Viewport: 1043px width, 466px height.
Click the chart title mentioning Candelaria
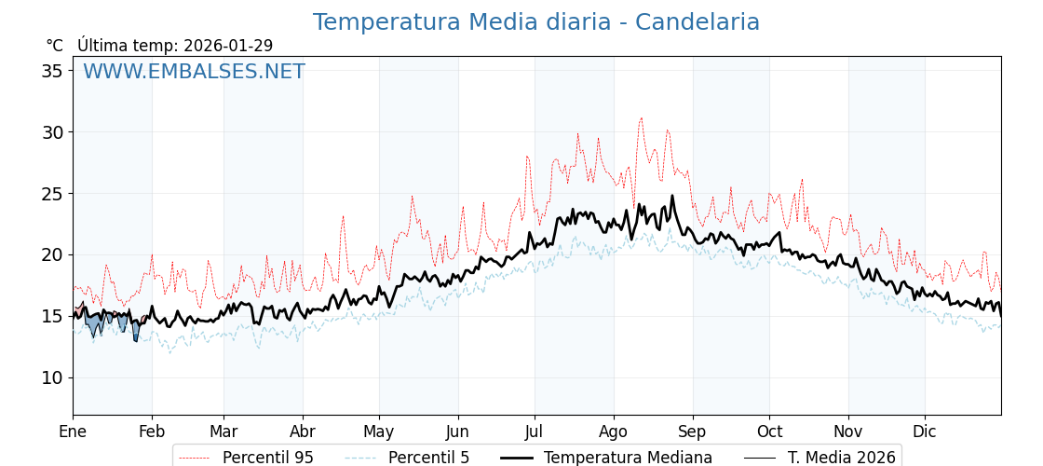click(535, 22)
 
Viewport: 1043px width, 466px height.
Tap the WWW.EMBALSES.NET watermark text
click(194, 72)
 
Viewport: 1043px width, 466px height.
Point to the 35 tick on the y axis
click(54, 71)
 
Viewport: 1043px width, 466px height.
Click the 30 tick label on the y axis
click(54, 132)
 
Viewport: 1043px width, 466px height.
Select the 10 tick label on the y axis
click(54, 377)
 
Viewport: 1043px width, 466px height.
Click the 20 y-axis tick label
click(54, 254)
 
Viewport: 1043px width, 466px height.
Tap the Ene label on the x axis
click(73, 432)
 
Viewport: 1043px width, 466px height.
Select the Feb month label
click(152, 432)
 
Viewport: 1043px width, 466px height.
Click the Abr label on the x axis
click(303, 432)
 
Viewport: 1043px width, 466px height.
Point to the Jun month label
click(458, 432)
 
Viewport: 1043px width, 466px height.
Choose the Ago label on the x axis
click(614, 432)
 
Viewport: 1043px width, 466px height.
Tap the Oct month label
click(769, 432)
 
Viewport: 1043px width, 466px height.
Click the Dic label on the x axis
click(925, 432)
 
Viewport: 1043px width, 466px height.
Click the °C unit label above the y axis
click(54, 46)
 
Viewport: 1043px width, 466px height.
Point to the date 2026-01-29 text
click(228, 46)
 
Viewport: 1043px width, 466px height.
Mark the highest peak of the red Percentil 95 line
click(641, 117)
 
